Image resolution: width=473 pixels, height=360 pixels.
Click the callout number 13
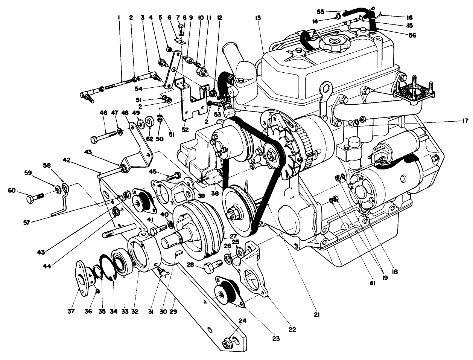coord(258,18)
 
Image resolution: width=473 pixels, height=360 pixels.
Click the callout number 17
coord(465,121)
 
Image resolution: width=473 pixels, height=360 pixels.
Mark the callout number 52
coord(185,130)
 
